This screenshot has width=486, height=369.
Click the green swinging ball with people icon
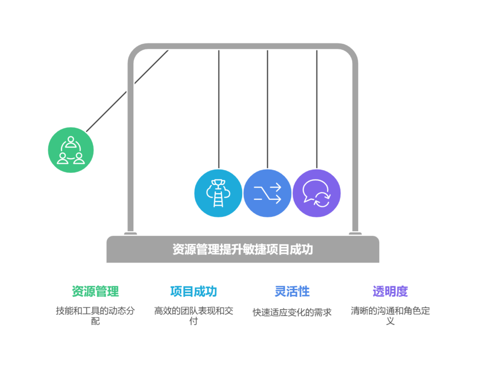[71, 150]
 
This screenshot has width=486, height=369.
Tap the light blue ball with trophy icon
[218, 193]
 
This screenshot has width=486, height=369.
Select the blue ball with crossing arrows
[268, 193]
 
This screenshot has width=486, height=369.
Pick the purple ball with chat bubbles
[317, 193]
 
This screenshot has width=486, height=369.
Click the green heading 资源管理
[95, 291]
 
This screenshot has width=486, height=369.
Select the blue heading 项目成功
[194, 291]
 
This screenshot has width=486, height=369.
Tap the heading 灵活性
[292, 291]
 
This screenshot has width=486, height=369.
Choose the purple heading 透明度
[390, 291]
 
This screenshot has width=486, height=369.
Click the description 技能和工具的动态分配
[95, 316]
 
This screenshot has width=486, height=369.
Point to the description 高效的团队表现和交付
[194, 316]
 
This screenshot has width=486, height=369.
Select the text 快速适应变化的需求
[292, 312]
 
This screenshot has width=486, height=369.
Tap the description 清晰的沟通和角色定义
[390, 316]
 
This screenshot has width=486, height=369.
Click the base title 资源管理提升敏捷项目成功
[243, 249]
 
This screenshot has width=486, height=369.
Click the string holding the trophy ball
[218, 109]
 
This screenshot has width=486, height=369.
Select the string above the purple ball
[317, 109]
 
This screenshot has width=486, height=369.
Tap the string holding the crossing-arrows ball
[268, 109]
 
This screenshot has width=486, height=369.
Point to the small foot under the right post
[355, 234]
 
